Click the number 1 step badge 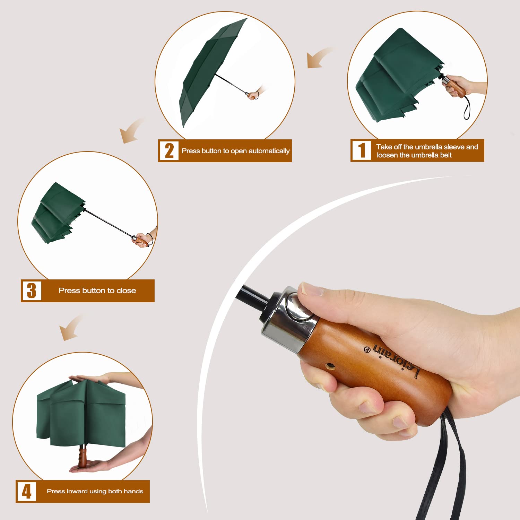[362, 150]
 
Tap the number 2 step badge [169, 151]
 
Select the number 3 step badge [32, 291]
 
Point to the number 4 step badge [27, 491]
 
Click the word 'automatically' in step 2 [269, 151]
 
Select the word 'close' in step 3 [126, 291]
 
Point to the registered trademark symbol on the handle [367, 349]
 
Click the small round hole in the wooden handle [330, 366]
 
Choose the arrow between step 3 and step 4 [71, 328]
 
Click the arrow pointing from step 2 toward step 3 [132, 130]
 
